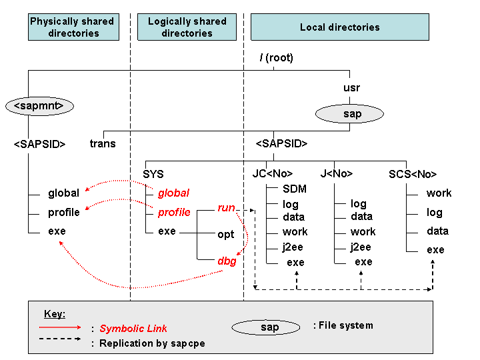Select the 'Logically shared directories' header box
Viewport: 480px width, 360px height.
click(x=187, y=27)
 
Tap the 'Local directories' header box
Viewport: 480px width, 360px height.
click(x=339, y=27)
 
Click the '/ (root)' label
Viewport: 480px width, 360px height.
click(x=276, y=58)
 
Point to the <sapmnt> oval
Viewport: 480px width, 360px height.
click(x=39, y=105)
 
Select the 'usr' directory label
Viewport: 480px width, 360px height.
click(x=351, y=88)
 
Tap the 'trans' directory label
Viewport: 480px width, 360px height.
click(x=103, y=143)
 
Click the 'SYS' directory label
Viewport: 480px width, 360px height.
click(x=153, y=174)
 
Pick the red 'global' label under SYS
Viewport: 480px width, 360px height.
click(x=173, y=193)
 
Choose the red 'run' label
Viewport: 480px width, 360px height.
click(x=227, y=208)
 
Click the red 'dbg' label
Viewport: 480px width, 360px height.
click(x=227, y=261)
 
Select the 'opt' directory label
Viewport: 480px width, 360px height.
click(x=226, y=235)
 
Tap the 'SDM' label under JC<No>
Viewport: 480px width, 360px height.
click(x=294, y=189)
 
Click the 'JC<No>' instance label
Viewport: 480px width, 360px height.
click(x=272, y=174)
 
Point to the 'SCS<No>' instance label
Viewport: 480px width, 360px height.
click(x=413, y=174)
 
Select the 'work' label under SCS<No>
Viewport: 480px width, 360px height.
click(x=439, y=193)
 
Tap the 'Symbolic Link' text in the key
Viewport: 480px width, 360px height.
click(x=133, y=328)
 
